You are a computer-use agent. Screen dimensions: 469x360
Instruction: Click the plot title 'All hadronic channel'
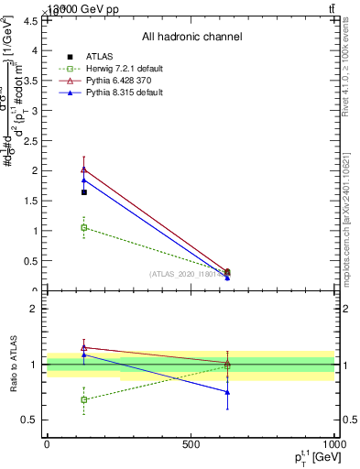pyautogui.click(x=191, y=37)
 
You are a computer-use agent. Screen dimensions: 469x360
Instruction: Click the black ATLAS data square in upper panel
pyautogui.click(x=84, y=192)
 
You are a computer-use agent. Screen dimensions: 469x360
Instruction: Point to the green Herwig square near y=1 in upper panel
pyautogui.click(x=84, y=227)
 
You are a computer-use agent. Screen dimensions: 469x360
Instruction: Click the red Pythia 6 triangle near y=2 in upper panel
pyautogui.click(x=84, y=169)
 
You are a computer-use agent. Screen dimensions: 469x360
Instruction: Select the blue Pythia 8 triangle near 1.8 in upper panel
pyautogui.click(x=84, y=180)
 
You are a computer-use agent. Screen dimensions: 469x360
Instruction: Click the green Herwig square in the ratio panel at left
pyautogui.click(x=84, y=399)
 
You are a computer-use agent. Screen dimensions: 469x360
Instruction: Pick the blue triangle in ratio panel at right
pyautogui.click(x=227, y=392)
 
